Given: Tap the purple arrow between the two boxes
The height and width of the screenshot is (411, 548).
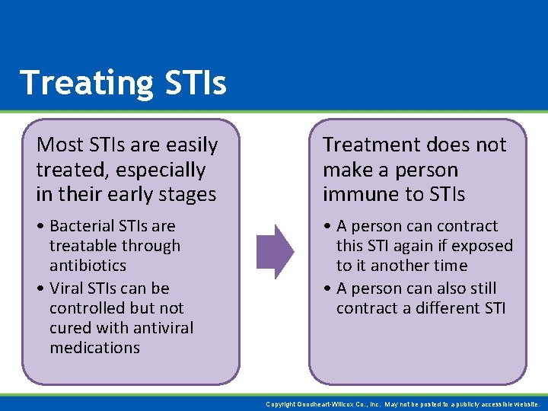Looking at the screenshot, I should pos(275,251).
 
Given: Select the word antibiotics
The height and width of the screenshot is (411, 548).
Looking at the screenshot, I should pos(88,266).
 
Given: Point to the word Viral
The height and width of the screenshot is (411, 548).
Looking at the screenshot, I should pos(67,288).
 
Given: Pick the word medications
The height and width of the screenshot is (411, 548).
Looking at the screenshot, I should pos(94,348).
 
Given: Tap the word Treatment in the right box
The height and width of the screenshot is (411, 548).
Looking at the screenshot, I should pos(371,145).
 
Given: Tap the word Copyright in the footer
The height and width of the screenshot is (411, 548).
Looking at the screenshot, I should pos(281,405).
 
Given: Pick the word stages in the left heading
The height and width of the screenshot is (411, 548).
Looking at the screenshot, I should pos(189,194).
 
